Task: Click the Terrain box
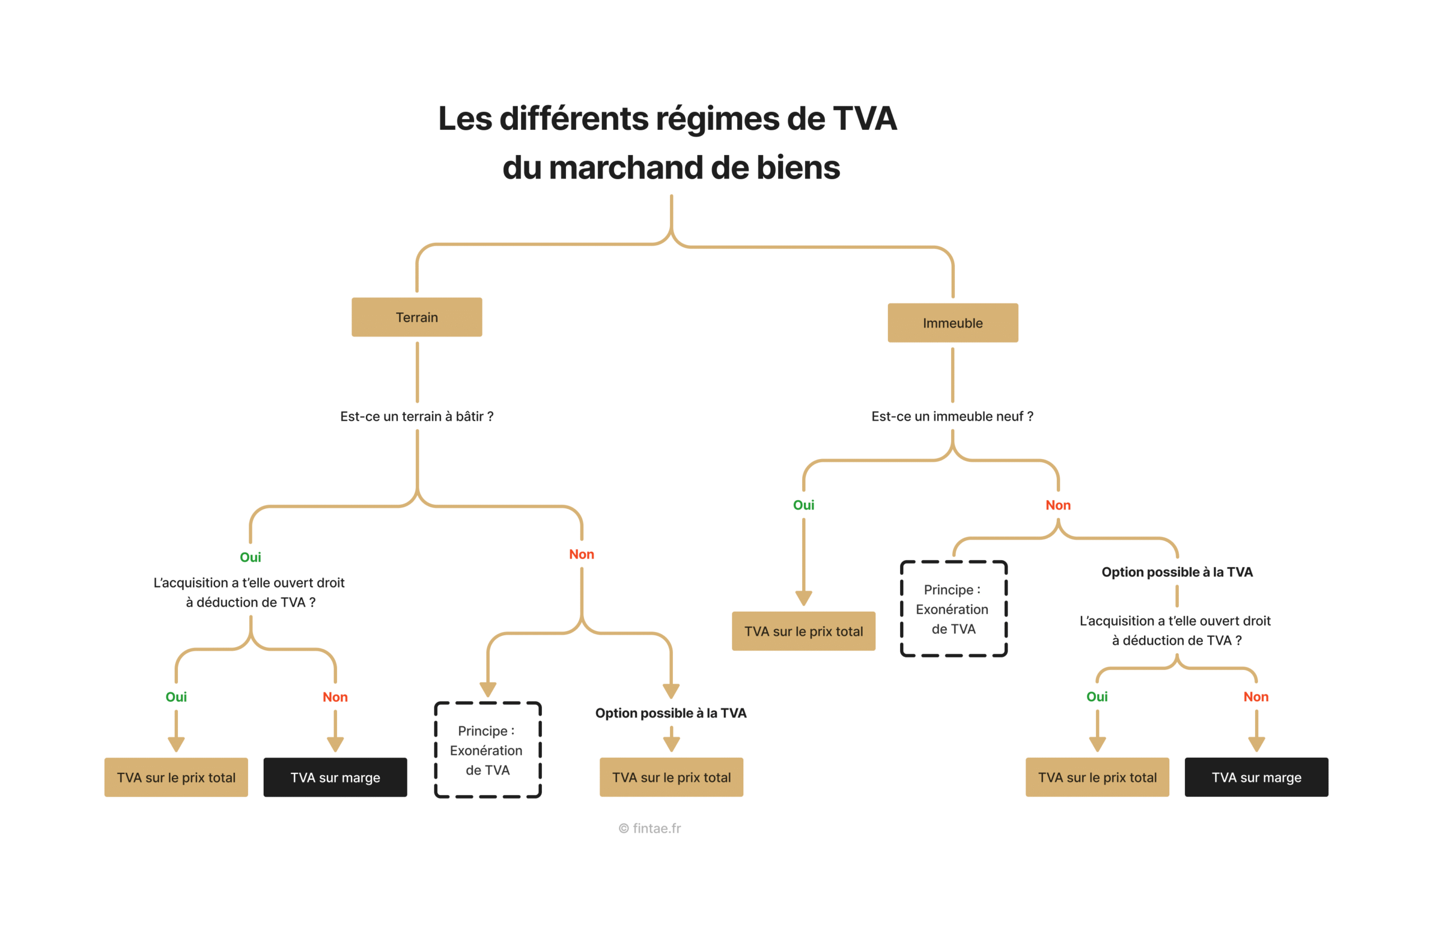click(416, 317)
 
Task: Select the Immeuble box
click(953, 323)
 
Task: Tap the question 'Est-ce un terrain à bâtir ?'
click(416, 416)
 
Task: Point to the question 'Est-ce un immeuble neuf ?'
click(952, 416)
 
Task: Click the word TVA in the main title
click(865, 119)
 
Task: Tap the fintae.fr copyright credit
click(650, 828)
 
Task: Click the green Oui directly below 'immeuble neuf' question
click(803, 505)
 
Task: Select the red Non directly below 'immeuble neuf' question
click(1058, 505)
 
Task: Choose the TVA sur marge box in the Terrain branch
click(335, 777)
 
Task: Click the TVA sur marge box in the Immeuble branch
click(1256, 777)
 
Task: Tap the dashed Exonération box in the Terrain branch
click(488, 750)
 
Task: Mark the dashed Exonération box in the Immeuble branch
click(953, 609)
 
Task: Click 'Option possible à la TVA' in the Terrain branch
click(671, 714)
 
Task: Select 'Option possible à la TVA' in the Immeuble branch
click(1177, 572)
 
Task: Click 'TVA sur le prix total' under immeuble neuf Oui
click(803, 631)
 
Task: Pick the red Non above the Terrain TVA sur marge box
click(335, 697)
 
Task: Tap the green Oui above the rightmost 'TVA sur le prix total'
click(1097, 697)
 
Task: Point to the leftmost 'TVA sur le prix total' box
click(176, 777)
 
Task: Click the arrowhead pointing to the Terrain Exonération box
click(488, 690)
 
